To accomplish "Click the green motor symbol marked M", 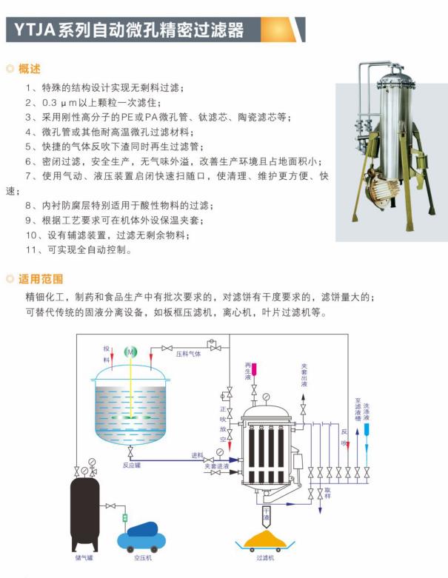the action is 130,352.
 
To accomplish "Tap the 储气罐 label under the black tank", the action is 84,557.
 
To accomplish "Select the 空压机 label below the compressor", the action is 143,557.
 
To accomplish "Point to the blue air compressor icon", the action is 142,537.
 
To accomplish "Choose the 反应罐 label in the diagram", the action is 132,466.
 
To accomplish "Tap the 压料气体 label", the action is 188,354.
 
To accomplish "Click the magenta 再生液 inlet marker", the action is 254,370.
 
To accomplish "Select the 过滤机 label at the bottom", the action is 266,558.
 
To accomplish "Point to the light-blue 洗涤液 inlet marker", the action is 367,429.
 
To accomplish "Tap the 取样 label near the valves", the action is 327,493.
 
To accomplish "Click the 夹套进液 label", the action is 217,466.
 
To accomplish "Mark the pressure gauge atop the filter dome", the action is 267,397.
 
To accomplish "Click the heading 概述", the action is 30,69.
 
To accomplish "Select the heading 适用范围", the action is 41,279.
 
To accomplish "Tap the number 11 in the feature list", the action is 31,250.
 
